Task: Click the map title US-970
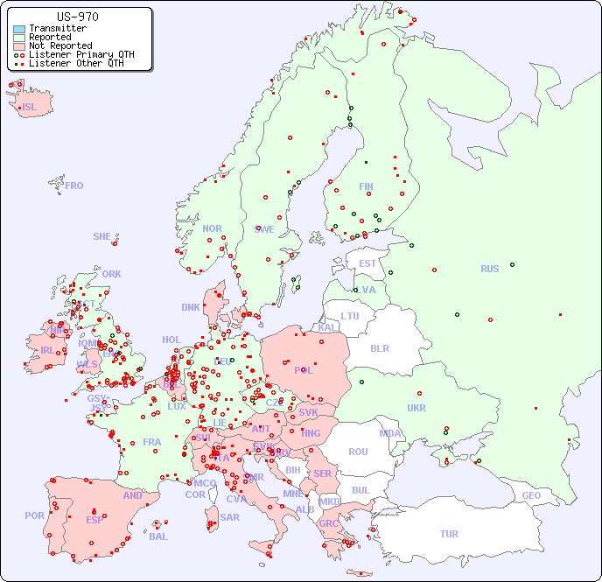click(x=77, y=17)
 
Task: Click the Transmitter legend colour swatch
click(x=19, y=29)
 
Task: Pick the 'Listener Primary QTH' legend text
click(x=81, y=54)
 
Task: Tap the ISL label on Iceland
click(x=30, y=108)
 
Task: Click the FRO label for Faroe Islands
click(x=74, y=186)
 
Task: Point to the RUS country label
click(x=489, y=269)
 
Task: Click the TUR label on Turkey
click(x=449, y=534)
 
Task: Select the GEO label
click(x=531, y=495)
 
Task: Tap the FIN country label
click(x=366, y=186)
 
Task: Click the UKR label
click(x=416, y=408)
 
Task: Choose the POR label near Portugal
click(x=34, y=515)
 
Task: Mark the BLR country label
click(x=379, y=347)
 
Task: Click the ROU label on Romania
click(x=358, y=452)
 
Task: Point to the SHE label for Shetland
click(x=102, y=236)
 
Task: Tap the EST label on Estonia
click(x=367, y=263)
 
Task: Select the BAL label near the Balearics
click(x=157, y=536)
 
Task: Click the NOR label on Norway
click(x=212, y=228)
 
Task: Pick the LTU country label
click(x=350, y=316)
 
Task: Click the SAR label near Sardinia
click(x=229, y=516)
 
